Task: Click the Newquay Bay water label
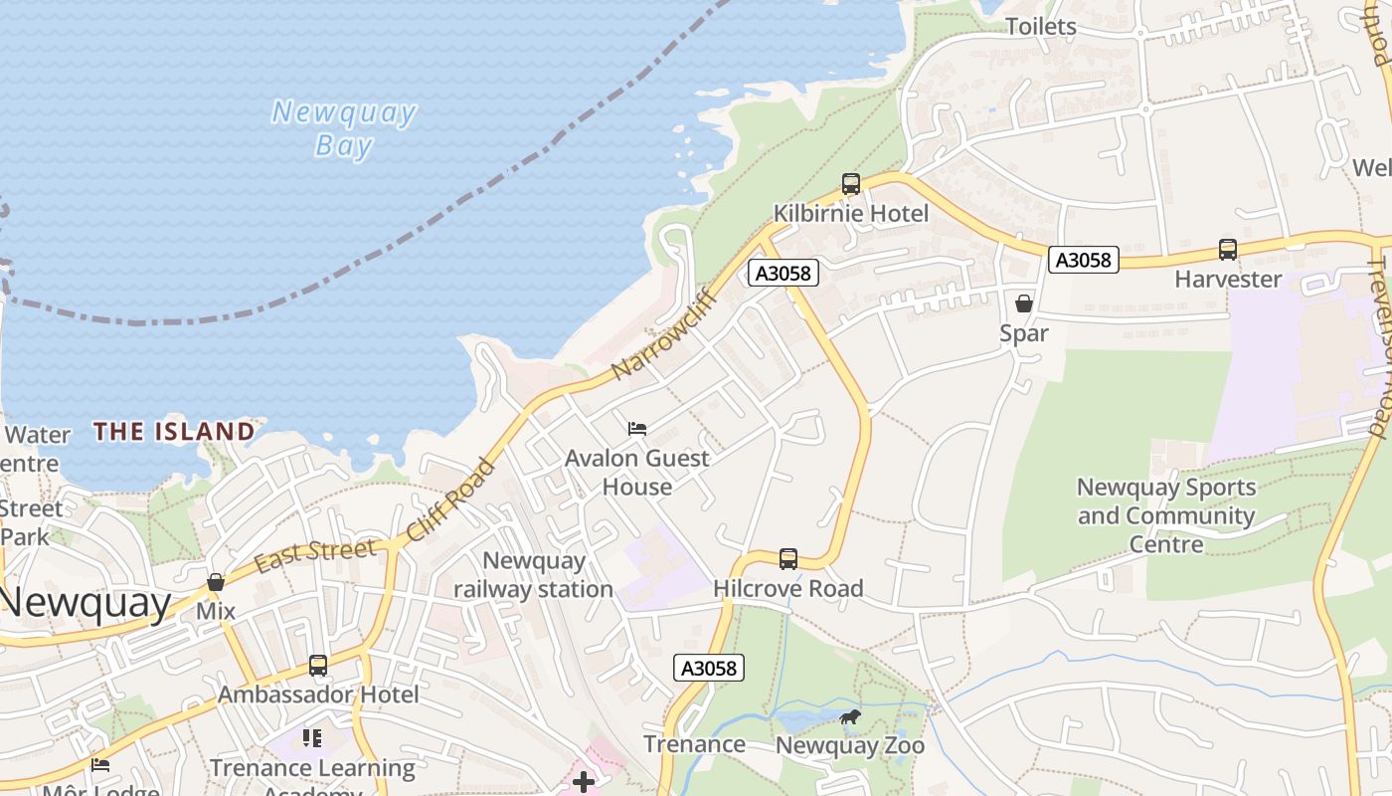[x=344, y=128]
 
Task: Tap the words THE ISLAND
[x=174, y=432]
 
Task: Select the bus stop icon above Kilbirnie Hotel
[x=850, y=184]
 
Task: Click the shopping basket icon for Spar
[x=1024, y=303]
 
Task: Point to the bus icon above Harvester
[x=1228, y=250]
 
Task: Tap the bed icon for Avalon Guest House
[x=637, y=429]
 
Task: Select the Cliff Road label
[x=451, y=500]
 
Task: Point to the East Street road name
[x=315, y=555]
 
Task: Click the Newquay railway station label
[x=533, y=575]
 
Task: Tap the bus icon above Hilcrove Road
[x=788, y=559]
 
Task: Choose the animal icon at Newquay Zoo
[x=849, y=716]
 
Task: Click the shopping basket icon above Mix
[x=216, y=582]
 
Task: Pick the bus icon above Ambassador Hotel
[x=318, y=666]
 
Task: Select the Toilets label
[x=1041, y=27]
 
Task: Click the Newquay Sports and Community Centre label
[x=1166, y=515]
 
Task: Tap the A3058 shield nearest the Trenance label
[x=709, y=668]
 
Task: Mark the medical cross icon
[x=584, y=782]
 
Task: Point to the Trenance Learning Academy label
[x=312, y=776]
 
